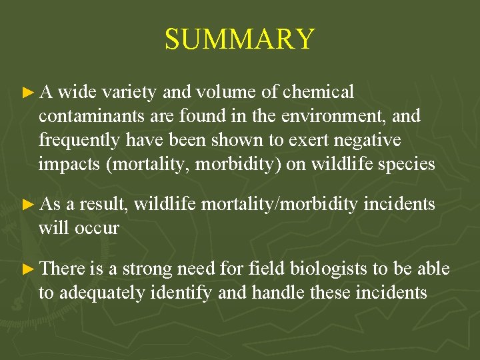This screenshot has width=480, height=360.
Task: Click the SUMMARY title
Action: tap(239, 39)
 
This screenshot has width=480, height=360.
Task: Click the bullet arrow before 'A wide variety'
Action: tap(27, 92)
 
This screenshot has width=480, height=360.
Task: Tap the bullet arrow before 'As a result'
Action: tap(27, 205)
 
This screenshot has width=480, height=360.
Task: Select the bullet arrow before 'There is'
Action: tap(27, 269)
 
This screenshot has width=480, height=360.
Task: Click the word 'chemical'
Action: tap(319, 92)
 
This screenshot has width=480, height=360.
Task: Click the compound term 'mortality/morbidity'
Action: tap(279, 205)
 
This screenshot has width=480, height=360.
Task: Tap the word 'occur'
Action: tap(96, 229)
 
